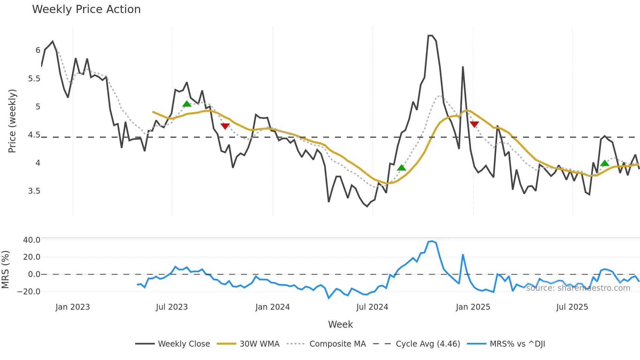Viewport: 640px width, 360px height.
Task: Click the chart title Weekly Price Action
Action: pyautogui.click(x=86, y=9)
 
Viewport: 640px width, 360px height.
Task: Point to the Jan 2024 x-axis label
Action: pyautogui.click(x=273, y=307)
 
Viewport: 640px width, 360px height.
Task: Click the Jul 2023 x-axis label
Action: pyautogui.click(x=172, y=307)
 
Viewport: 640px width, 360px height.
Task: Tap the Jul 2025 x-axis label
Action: pyautogui.click(x=572, y=307)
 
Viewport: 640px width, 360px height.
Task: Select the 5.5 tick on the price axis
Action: pyautogui.click(x=34, y=79)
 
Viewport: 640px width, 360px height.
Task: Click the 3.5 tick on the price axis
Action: pyautogui.click(x=34, y=191)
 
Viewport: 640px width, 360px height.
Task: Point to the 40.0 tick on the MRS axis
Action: pyautogui.click(x=32, y=240)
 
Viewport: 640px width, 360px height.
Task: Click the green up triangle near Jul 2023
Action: pyautogui.click(x=187, y=104)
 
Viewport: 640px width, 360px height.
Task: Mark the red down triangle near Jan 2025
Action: pyautogui.click(x=474, y=124)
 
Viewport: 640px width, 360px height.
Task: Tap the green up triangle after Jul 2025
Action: pyautogui.click(x=605, y=163)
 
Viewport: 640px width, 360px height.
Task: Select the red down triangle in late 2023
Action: pyautogui.click(x=225, y=126)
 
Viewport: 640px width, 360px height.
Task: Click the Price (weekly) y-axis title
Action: pyautogui.click(x=12, y=121)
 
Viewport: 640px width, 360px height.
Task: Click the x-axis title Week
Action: pyautogui.click(x=340, y=324)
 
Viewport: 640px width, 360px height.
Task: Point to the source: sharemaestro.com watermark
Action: pyautogui.click(x=578, y=288)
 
